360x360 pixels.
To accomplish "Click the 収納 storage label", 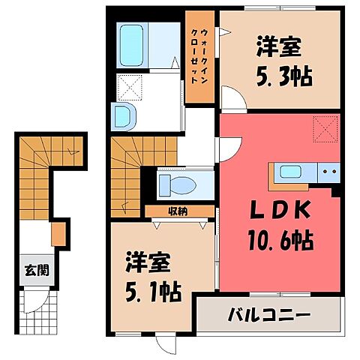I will pos(177,211).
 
